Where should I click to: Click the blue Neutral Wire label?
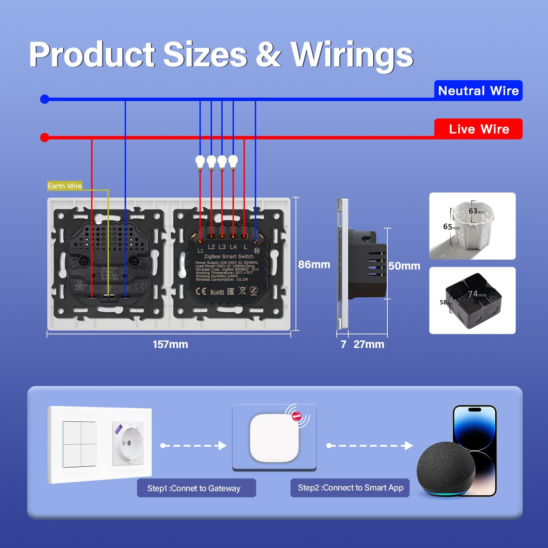pyautogui.click(x=478, y=91)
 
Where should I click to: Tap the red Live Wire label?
pyautogui.click(x=478, y=129)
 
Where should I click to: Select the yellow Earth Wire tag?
pyautogui.click(x=65, y=186)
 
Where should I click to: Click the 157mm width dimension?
pyautogui.click(x=170, y=344)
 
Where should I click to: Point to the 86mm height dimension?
pyautogui.click(x=314, y=264)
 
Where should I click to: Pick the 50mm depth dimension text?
pyautogui.click(x=404, y=266)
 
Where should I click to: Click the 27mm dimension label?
pyautogui.click(x=369, y=344)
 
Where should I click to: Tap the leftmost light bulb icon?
pyautogui.click(x=200, y=162)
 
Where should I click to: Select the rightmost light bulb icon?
pyautogui.click(x=233, y=162)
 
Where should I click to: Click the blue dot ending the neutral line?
pyautogui.click(x=45, y=99)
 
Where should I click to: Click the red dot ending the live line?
pyautogui.click(x=45, y=138)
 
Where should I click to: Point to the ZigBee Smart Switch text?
pyautogui.click(x=228, y=256)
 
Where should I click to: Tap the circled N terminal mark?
pyautogui.click(x=257, y=250)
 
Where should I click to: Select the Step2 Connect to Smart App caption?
pyautogui.click(x=350, y=488)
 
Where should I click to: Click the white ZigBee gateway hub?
pyautogui.click(x=274, y=438)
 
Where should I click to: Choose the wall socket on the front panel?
pyautogui.click(x=128, y=444)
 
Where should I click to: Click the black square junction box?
pyautogui.click(x=473, y=300)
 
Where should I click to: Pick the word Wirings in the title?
pyautogui.click(x=352, y=55)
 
